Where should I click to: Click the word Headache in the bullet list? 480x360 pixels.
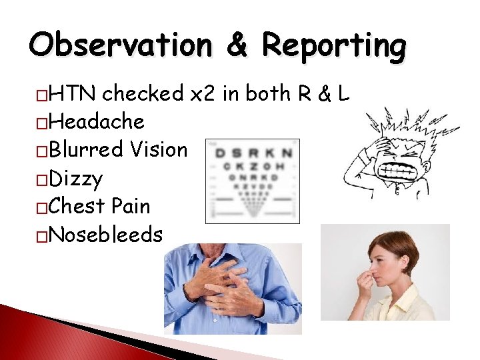coord(97,122)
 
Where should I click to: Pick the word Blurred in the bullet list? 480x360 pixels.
coord(87,150)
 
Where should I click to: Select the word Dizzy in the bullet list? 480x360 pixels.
coord(76,179)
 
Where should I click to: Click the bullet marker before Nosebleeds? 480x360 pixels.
coord(42,236)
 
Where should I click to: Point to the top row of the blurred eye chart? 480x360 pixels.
coord(253,153)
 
